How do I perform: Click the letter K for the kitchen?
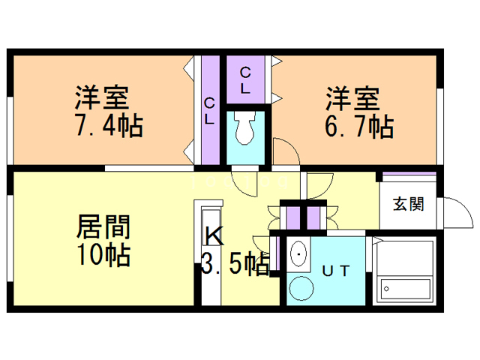[214, 237]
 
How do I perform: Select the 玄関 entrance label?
[409, 203]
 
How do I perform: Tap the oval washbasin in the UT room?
[299, 256]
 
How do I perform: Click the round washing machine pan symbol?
[302, 288]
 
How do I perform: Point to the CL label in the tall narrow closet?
[209, 110]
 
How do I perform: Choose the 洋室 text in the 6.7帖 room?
[352, 98]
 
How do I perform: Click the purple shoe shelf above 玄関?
[409, 178]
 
